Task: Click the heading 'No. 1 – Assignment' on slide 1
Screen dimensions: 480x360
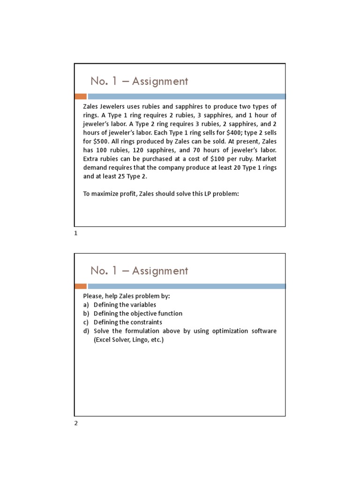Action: pyautogui.click(x=139, y=81)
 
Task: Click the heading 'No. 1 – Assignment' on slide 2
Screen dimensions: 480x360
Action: pyautogui.click(x=139, y=270)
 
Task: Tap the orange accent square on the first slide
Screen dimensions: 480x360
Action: pyautogui.click(x=81, y=97)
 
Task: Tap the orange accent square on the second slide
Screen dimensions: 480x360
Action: pyautogui.click(x=81, y=286)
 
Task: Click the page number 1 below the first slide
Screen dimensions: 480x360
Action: pyautogui.click(x=76, y=233)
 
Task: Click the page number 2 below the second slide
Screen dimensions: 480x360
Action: pyautogui.click(x=76, y=423)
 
